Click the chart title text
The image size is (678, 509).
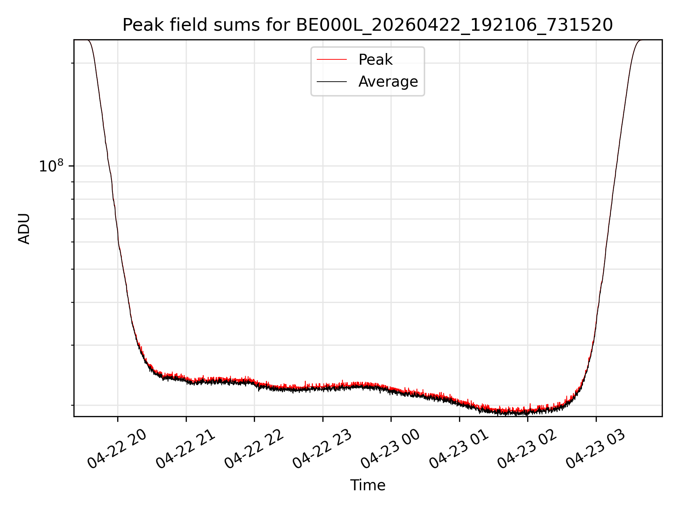pyautogui.click(x=368, y=25)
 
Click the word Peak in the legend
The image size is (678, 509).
pyautogui.click(x=375, y=60)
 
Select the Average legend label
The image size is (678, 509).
pyautogui.click(x=388, y=82)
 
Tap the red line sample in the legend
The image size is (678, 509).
pyautogui.click(x=332, y=60)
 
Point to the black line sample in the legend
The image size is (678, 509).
pyautogui.click(x=332, y=82)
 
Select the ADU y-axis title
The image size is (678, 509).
pyautogui.click(x=24, y=228)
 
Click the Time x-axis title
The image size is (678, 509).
pyautogui.click(x=368, y=485)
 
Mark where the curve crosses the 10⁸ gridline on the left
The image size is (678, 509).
pyautogui.click(x=109, y=166)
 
